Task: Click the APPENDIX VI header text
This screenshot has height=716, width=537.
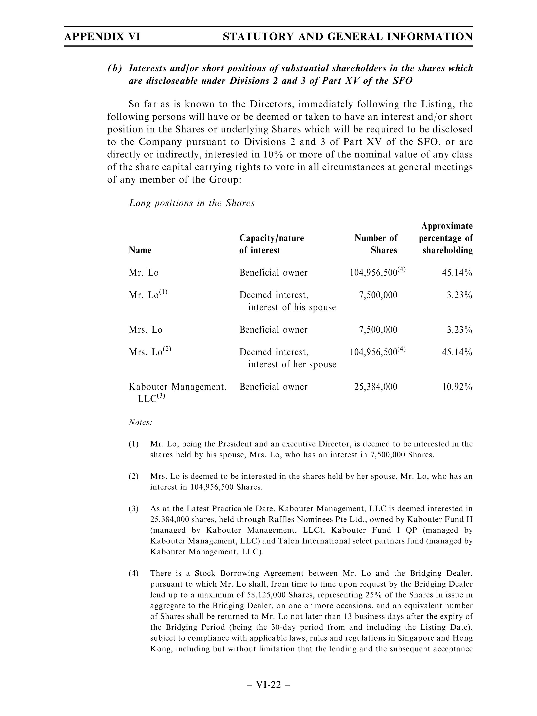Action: click(x=102, y=37)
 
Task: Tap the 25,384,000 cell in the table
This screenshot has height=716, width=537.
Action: click(x=376, y=387)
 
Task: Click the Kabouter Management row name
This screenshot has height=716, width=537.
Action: click(x=177, y=387)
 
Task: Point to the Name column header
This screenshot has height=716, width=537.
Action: click(x=140, y=250)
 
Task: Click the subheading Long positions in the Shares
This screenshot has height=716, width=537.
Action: click(x=191, y=203)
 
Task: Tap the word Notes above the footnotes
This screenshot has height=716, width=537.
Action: click(x=140, y=423)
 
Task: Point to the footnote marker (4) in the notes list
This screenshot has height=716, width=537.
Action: click(x=133, y=573)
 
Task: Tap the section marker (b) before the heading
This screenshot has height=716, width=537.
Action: click(x=115, y=68)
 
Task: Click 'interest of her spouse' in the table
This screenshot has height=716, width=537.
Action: click(x=292, y=364)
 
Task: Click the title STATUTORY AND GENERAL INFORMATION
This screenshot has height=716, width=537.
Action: click(x=348, y=37)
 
